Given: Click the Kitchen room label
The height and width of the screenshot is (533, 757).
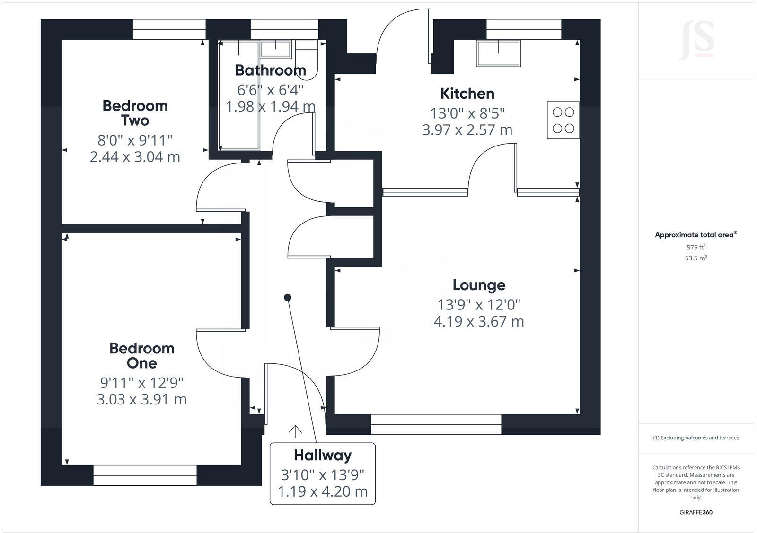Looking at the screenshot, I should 467,94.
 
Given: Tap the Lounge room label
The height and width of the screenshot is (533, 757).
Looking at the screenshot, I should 479,285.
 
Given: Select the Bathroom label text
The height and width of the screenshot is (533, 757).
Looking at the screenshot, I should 270,70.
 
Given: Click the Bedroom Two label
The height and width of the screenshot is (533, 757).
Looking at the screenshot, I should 135,113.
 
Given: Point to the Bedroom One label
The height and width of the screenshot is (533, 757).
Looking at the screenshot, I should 141,355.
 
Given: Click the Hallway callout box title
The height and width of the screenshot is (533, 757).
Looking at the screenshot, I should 323,455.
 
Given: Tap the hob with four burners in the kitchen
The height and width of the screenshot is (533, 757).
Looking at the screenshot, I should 563,120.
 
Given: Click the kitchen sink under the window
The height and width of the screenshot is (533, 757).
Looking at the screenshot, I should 499,53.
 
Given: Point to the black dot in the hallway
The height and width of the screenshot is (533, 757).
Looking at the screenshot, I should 287,297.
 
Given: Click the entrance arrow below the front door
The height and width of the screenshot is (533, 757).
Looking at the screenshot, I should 295,431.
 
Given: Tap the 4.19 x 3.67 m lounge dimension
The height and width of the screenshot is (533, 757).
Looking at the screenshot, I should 479,321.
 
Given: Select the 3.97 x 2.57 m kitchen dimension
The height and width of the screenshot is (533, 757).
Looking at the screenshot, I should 467,129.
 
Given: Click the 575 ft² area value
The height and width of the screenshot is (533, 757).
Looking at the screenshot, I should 696,247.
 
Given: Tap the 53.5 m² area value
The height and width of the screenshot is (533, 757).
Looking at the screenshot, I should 696,258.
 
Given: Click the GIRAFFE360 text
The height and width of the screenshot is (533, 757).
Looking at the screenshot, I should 696,512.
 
